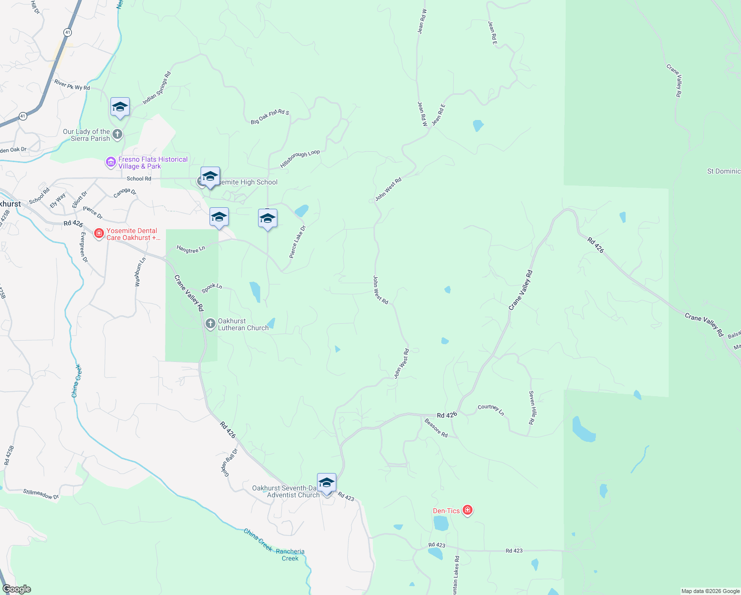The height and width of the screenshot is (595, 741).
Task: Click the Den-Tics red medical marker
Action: tap(467, 510)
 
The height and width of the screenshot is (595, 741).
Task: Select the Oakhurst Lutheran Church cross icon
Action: tap(211, 324)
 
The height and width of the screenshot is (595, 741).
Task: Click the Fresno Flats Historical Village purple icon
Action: tap(111, 162)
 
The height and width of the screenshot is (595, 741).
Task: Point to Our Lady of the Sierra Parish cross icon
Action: tap(117, 134)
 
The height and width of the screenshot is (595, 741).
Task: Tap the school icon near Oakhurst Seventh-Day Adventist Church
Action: tap(326, 482)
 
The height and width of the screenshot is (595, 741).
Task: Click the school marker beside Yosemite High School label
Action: tap(210, 177)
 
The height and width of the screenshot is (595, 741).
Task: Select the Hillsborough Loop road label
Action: tap(300, 159)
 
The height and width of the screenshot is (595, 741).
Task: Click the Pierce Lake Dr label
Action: tap(298, 241)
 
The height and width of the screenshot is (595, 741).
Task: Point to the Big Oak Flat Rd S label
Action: tap(269, 117)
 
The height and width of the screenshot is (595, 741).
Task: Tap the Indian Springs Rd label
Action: tap(157, 88)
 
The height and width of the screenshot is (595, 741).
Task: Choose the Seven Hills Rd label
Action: tap(532, 408)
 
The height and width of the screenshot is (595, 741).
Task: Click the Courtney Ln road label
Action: tap(491, 410)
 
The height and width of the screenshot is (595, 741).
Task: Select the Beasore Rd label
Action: tap(436, 428)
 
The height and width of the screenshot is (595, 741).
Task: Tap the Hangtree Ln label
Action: tap(191, 249)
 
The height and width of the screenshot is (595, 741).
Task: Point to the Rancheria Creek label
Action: tap(290, 555)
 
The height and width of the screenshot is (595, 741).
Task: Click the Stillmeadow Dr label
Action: tap(41, 494)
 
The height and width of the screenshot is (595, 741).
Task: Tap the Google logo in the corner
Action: tap(16, 589)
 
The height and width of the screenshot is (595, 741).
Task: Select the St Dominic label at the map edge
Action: tap(724, 171)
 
